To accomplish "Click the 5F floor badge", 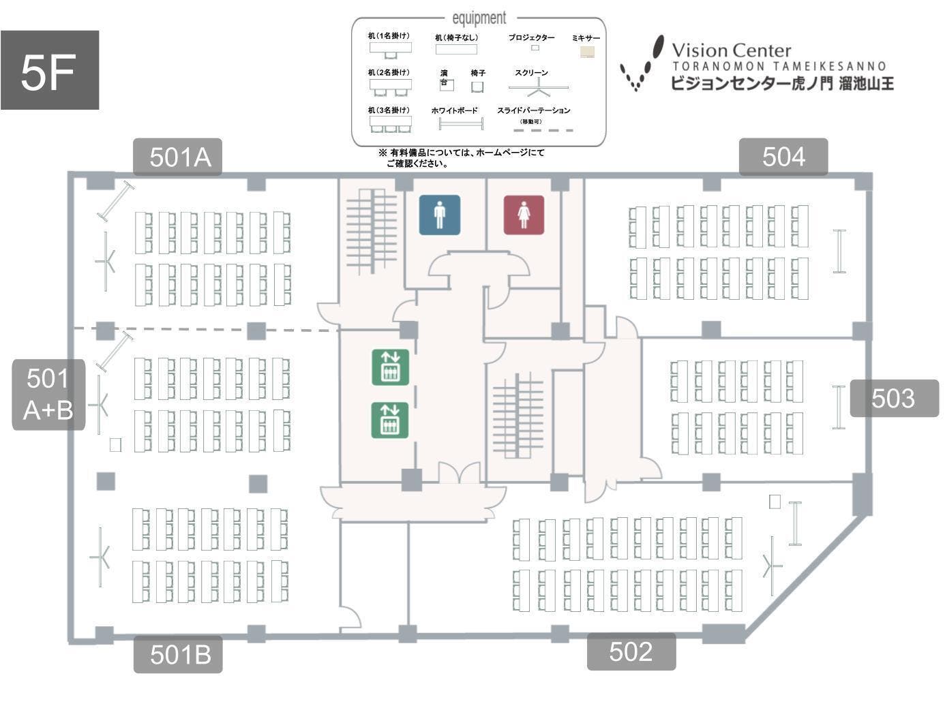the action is pyautogui.click(x=50, y=70).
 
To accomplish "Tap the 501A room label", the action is pyautogui.click(x=177, y=157).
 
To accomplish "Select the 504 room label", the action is pyautogui.click(x=783, y=157).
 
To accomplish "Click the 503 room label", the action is pyautogui.click(x=894, y=399).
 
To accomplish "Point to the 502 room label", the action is pyautogui.click(x=631, y=651).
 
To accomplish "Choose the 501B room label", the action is pyautogui.click(x=178, y=654).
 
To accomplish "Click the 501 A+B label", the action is pyautogui.click(x=48, y=395).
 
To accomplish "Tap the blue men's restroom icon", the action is pyautogui.click(x=440, y=215).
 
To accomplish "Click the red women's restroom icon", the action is pyautogui.click(x=524, y=215).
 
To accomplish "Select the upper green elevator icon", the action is pyautogui.click(x=391, y=367).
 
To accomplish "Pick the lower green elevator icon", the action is pyautogui.click(x=390, y=420).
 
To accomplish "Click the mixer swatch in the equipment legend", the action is pyautogui.click(x=587, y=52).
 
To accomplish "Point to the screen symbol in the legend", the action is pyautogui.click(x=538, y=88).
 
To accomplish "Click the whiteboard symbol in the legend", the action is pyautogui.click(x=461, y=124).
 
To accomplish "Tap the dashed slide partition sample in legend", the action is pyautogui.click(x=543, y=130).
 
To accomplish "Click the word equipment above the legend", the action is pyautogui.click(x=479, y=18).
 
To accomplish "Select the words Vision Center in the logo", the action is pyautogui.click(x=732, y=50).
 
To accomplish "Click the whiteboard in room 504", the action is pyautogui.click(x=839, y=251).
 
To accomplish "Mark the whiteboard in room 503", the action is pyautogui.click(x=839, y=407).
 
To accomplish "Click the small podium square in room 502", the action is pyautogui.click(x=775, y=502).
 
